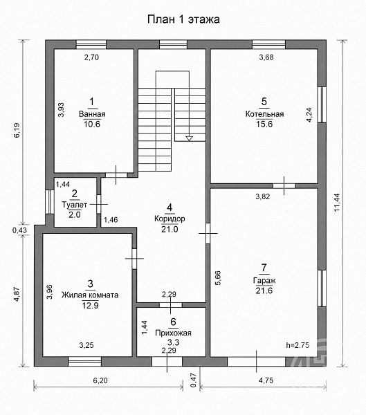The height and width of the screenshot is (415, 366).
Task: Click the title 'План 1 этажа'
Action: pos(183,19)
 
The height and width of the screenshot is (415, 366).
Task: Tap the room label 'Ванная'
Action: pos(92,114)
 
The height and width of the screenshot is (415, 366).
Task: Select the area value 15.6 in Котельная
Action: pos(264,124)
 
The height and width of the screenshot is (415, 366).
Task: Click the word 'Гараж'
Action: pos(264,281)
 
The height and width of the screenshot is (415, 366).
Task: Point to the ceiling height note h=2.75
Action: pos(298,345)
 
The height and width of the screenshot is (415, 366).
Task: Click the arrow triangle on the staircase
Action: pos(189,138)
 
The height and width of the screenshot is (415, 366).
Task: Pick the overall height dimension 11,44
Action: pos(337,203)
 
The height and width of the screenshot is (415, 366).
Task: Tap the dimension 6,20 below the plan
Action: pos(100,380)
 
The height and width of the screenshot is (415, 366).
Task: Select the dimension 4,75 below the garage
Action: pos(266,380)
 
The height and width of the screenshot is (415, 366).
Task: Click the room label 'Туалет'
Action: pos(75,205)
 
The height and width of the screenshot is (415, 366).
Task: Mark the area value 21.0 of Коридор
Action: pos(170,229)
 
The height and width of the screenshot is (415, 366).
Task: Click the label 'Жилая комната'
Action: pos(90,295)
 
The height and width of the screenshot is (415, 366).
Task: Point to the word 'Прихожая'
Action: pos(173,333)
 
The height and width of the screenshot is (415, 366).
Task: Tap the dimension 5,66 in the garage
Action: pos(218,277)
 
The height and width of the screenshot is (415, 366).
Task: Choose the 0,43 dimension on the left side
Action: pos(19,230)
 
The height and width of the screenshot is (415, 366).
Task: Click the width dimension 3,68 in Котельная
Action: pos(266,57)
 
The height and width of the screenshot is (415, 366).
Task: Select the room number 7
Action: pos(264,268)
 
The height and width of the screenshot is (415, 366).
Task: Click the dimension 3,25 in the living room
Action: pos(86,345)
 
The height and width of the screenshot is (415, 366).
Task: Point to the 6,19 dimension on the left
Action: pos(17,131)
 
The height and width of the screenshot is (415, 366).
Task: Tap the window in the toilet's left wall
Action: pos(49,202)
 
